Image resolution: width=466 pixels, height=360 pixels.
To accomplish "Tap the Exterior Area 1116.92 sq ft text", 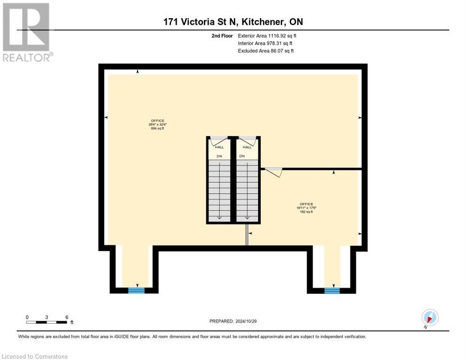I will [267, 36].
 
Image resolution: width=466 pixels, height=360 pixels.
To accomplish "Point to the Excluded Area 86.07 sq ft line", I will [265, 51].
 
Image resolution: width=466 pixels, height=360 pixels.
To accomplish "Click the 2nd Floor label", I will [222, 36].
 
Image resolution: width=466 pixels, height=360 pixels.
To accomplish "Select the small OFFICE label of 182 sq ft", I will [306, 208].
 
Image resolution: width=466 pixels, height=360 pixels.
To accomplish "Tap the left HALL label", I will [219, 147].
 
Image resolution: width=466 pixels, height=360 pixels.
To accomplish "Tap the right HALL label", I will [247, 147].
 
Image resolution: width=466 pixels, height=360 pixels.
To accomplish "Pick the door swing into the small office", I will [273, 172].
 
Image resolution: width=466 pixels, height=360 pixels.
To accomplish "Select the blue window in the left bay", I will [136, 291].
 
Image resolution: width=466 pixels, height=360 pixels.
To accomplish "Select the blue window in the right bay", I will [332, 291].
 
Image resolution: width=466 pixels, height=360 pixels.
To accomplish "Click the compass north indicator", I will [429, 317].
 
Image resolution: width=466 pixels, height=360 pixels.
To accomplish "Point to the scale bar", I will [47, 322].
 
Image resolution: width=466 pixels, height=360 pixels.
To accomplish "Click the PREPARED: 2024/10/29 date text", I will [233, 321].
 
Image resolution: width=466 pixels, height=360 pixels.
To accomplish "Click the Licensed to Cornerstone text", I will [35, 357].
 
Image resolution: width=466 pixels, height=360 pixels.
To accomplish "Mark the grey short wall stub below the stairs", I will [247, 235].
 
